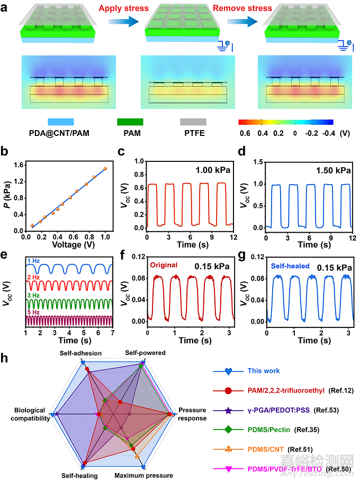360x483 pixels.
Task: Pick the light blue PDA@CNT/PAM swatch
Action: (x=62, y=122)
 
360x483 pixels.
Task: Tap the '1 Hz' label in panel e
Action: (x=33, y=260)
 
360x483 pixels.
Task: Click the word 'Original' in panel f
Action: (x=162, y=265)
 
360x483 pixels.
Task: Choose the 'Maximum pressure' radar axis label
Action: (x=144, y=476)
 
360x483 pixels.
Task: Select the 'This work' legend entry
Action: (x=264, y=371)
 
